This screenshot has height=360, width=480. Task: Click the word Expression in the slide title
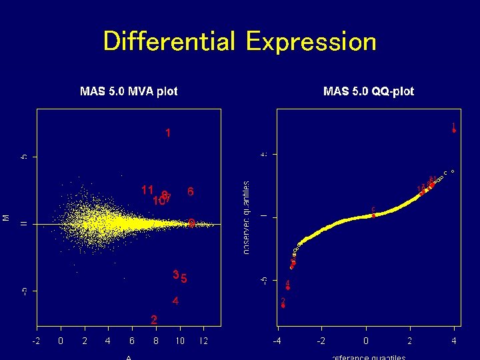(311, 41)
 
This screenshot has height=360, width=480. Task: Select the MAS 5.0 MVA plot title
(129, 91)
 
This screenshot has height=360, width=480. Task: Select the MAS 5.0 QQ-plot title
(368, 91)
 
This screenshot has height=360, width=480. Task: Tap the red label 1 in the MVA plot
(168, 133)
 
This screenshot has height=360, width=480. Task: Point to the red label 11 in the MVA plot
(147, 189)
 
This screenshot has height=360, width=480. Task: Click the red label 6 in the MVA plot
(191, 192)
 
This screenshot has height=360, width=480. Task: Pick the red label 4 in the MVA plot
(175, 301)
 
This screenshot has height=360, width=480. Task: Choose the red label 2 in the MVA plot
(154, 320)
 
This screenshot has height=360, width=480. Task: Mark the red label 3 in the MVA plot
(175, 275)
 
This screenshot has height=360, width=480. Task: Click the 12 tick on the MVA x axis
(203, 341)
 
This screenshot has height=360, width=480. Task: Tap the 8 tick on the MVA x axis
(156, 341)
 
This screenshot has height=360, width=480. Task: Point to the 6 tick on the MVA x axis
(132, 341)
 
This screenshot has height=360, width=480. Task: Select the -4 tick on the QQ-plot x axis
(277, 341)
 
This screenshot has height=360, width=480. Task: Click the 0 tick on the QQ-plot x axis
(366, 341)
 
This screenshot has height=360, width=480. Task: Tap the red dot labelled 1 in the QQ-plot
(454, 131)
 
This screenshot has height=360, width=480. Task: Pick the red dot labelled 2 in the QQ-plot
(283, 306)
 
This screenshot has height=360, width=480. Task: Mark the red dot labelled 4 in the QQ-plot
(287, 287)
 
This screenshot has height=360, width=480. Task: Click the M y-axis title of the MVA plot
(6, 217)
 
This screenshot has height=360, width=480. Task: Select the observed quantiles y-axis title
(247, 217)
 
